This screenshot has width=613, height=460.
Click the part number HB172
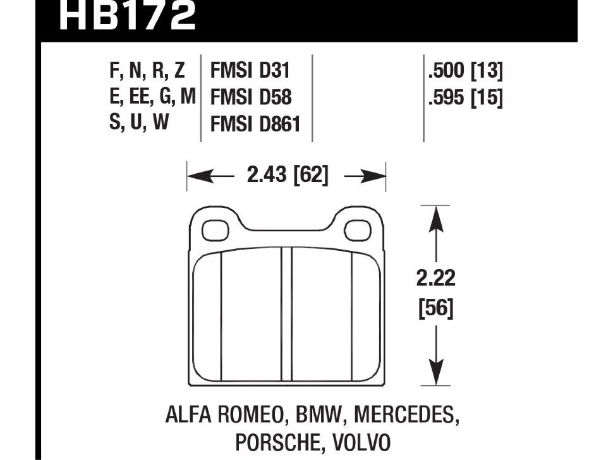pyautogui.click(x=126, y=16)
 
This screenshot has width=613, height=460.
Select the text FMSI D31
pyautogui.click(x=250, y=70)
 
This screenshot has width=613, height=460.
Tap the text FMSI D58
pyautogui.click(x=250, y=98)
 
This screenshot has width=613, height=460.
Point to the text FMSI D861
pyautogui.click(x=255, y=125)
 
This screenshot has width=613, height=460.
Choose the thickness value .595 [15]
pyautogui.click(x=465, y=99)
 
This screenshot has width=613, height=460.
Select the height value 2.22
pyautogui.click(x=436, y=279)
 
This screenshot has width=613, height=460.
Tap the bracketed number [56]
pyautogui.click(x=436, y=309)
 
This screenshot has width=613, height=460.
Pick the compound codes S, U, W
pyautogui.click(x=140, y=123)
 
